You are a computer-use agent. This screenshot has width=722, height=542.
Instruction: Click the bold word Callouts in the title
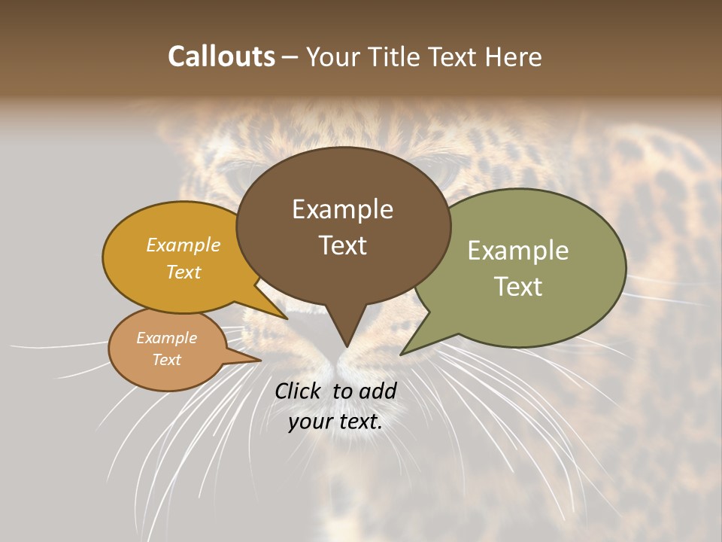pos(221,56)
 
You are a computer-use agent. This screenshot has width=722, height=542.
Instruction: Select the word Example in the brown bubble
pos(342,209)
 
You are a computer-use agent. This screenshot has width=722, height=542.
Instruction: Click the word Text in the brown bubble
pos(342,245)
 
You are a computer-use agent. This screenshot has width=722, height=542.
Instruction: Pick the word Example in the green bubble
pos(517,251)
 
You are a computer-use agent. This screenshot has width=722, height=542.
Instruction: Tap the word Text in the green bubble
pos(517,286)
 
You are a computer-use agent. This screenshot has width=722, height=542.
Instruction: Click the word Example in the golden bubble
pos(183,245)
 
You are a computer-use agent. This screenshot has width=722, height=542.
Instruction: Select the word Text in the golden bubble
pos(183,272)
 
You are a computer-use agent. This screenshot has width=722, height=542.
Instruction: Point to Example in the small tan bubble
pos(166,338)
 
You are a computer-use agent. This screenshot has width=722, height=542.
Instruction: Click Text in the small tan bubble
pos(166,360)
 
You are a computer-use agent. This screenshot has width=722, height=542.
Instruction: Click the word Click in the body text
pos(299,391)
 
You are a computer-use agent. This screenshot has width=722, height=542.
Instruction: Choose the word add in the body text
pos(378,391)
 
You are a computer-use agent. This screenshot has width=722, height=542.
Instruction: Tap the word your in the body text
pos(310,422)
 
